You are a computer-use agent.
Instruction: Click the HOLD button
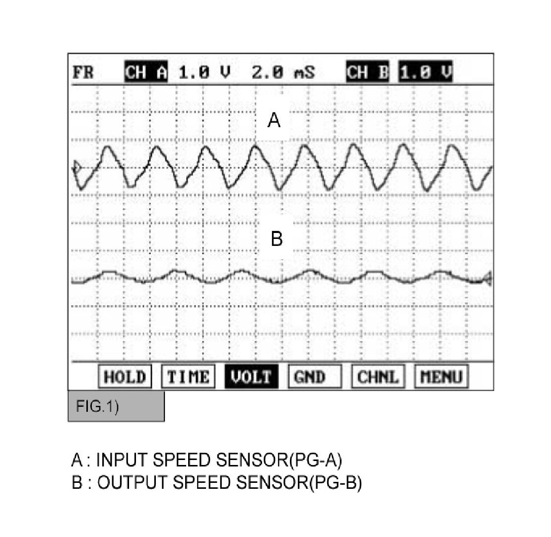coord(125,377)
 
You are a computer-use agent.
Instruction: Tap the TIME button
coord(188,377)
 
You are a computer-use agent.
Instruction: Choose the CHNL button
coord(378,377)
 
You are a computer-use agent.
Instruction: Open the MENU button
coord(441,377)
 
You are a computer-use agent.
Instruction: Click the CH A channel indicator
coord(146,73)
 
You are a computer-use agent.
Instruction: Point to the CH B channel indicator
coord(367,73)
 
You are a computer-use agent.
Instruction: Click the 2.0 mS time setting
coord(283,73)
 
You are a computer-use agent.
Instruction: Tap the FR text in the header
coord(83,73)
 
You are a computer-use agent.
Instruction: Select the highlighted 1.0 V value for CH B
coord(426,73)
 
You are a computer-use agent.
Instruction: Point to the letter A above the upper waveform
coord(274,121)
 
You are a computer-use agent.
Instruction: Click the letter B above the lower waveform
coord(276,239)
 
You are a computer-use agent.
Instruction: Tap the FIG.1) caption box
coord(116,406)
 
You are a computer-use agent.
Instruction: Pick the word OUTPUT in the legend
coord(129,482)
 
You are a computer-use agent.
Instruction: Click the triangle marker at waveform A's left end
coord(76,167)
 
